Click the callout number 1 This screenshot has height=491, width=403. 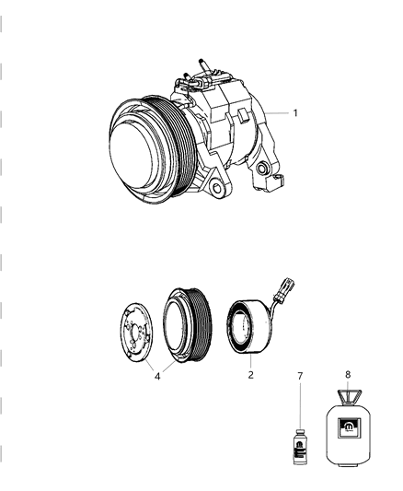294,113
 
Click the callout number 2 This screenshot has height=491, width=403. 248,376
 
